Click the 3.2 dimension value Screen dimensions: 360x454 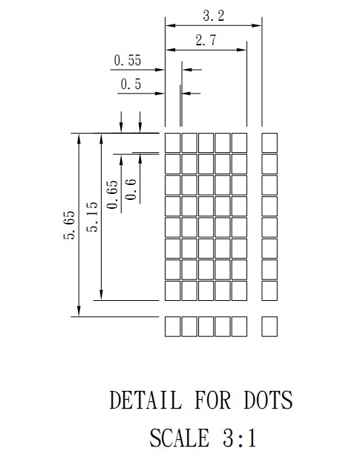coord(213,16)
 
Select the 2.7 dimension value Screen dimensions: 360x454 coord(206,40)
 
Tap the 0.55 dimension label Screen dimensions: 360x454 coord(128,60)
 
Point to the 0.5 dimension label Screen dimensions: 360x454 coord(131,84)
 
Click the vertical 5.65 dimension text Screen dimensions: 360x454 coord(69,225)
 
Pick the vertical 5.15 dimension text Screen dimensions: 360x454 coord(93,217)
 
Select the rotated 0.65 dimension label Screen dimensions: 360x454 coord(113,194)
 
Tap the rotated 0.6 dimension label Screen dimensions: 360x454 coord(131,189)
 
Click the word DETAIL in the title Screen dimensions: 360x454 coord(145,400)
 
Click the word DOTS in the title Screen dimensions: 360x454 coord(268,400)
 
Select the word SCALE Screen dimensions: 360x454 coord(180,438)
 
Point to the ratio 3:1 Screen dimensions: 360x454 coord(240,438)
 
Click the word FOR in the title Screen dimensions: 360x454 coord(213,400)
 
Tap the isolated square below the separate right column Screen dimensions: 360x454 coord(269,327)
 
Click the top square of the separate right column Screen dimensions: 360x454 coord(269,143)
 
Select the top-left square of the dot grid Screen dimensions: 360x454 coord(173,143)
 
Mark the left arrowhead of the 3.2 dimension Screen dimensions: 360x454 coord(170,25)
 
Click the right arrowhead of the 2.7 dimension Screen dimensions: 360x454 coord(241,50)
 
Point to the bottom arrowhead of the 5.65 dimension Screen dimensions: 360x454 coord(79,311)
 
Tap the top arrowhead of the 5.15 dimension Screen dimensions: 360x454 coord(101,138)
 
